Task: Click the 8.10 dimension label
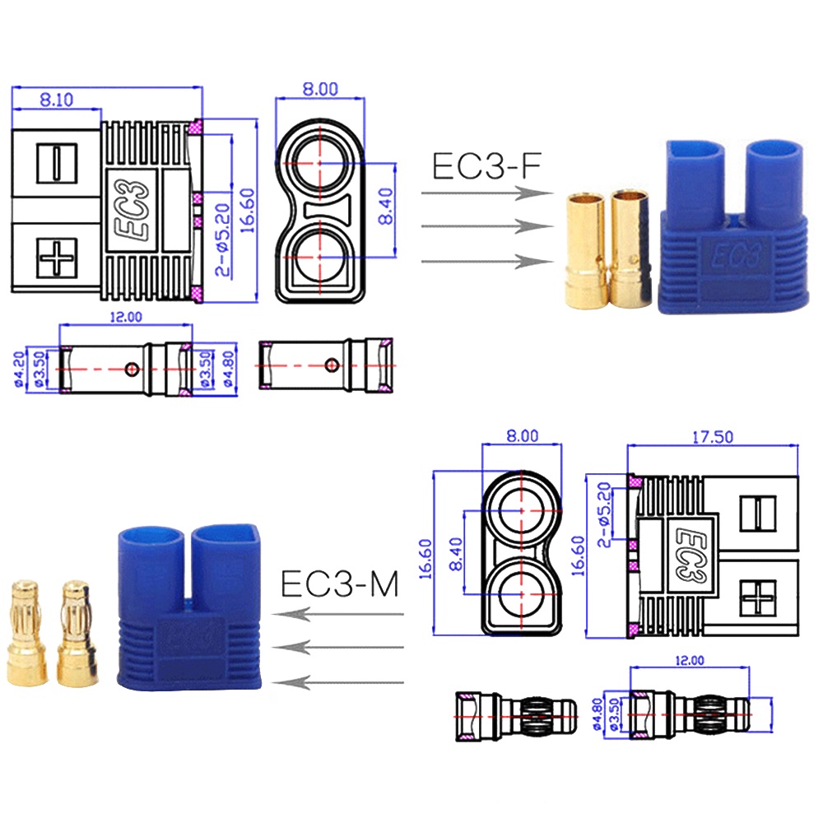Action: coord(56,100)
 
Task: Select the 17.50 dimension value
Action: coord(712,437)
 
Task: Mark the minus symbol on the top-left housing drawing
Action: coord(56,160)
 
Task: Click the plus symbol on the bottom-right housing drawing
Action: coord(758,597)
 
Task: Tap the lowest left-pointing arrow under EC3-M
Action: coord(337,681)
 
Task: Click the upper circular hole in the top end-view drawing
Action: coord(319,162)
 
